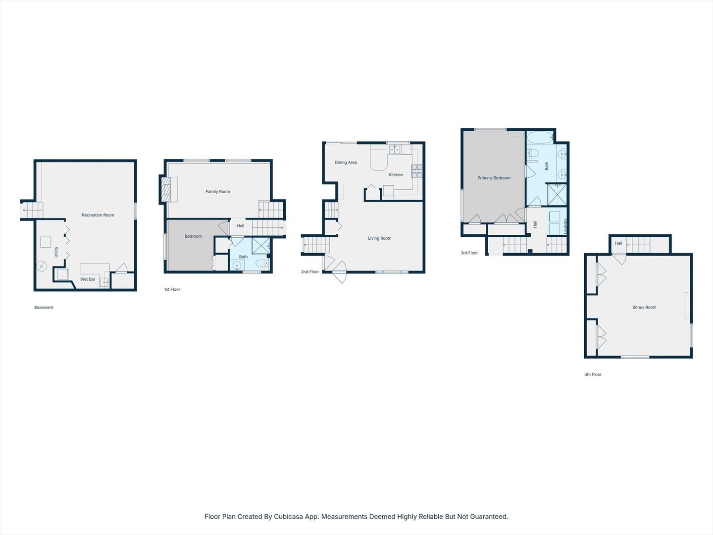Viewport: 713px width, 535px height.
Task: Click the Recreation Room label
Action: coord(98,215)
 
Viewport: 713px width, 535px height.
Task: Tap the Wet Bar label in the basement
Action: coord(88,279)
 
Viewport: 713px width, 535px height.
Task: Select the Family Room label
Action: coord(218,192)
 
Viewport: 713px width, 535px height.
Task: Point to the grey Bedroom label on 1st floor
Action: coord(193,236)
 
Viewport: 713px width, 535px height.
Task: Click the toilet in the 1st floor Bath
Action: coord(262,263)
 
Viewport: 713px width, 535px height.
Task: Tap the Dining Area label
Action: coord(346,162)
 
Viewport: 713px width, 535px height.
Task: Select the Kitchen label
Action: coord(396,175)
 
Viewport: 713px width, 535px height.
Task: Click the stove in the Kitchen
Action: coord(417,171)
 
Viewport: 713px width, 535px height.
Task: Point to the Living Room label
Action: coord(379,238)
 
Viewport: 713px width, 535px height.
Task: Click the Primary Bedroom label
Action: coord(494,178)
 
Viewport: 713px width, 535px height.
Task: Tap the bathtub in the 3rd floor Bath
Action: coord(540,137)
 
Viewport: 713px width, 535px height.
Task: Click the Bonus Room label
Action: coord(644,307)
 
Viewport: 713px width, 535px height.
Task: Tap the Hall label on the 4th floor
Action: coord(618,243)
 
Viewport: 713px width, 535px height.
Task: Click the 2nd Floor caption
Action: coord(310,272)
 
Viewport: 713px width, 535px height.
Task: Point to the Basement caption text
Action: coord(44,308)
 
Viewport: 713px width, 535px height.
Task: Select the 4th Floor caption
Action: coord(593,374)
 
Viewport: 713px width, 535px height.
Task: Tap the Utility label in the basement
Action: coord(56,252)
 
